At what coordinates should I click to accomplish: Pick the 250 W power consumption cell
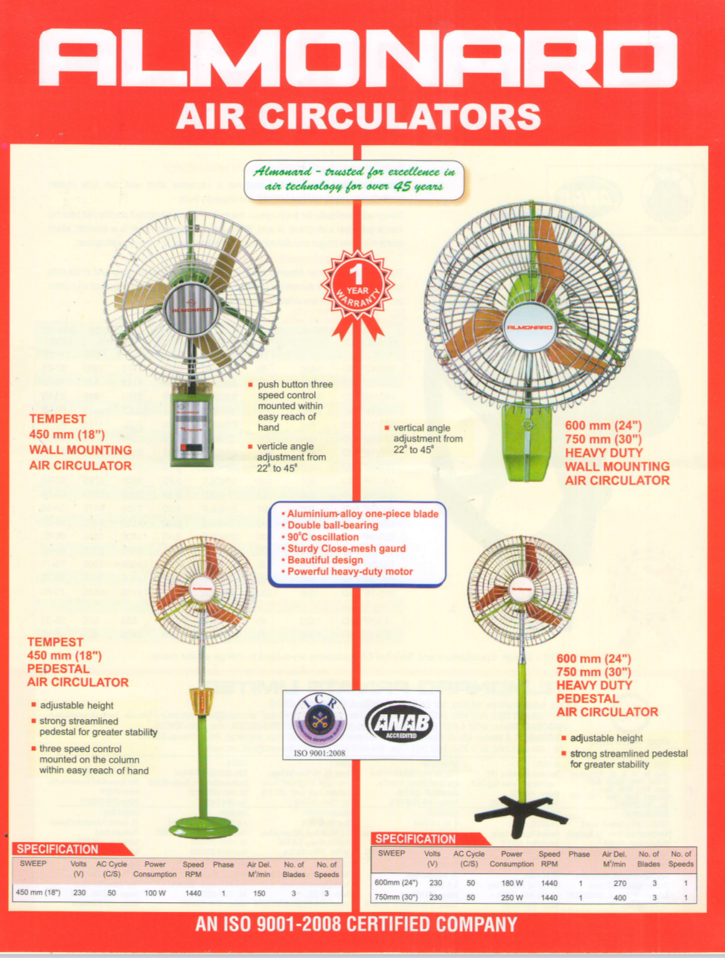pyautogui.click(x=511, y=897)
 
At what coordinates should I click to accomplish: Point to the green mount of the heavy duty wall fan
pyautogui.click(x=528, y=443)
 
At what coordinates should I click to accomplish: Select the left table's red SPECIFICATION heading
pyautogui.click(x=58, y=849)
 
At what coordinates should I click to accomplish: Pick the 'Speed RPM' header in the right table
pyautogui.click(x=549, y=859)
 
